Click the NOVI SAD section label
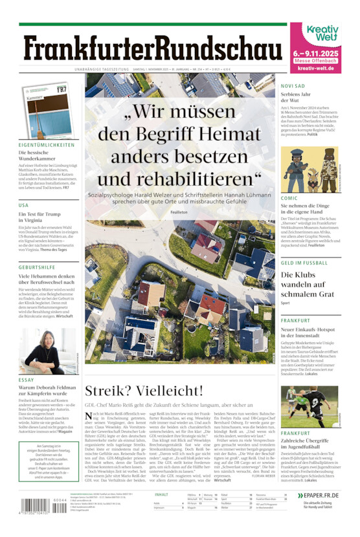[293, 85]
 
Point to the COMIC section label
[289, 198]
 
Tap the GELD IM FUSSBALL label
[304, 263]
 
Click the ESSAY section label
[27, 380]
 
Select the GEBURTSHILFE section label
[37, 267]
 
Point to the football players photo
[308, 406]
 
